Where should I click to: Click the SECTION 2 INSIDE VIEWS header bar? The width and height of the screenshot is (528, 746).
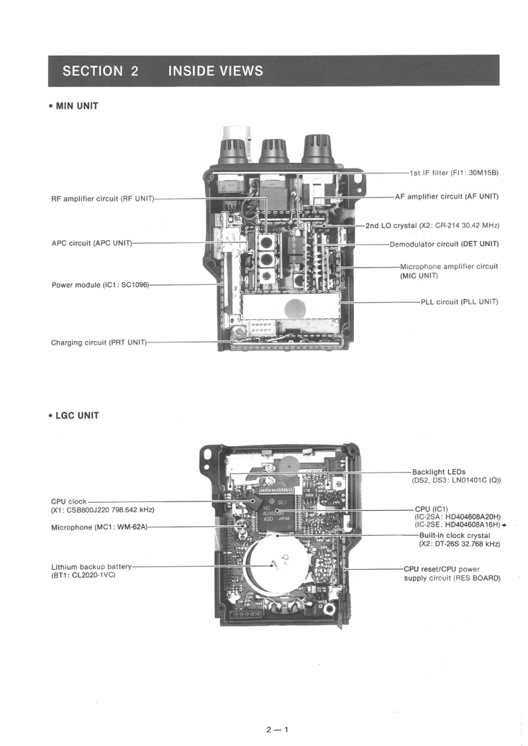point(273,70)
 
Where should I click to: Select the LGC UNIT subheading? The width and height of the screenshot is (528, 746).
point(76,416)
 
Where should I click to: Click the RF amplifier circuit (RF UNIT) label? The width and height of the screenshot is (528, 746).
point(102,198)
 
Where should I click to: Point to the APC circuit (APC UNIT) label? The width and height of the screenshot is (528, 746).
point(92,243)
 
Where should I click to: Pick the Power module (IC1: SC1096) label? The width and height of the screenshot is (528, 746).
point(100,285)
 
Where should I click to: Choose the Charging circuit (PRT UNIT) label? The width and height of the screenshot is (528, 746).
point(98,342)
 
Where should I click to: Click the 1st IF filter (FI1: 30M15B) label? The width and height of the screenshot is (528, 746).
point(454,173)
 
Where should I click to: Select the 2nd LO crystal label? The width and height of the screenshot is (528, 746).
point(432,226)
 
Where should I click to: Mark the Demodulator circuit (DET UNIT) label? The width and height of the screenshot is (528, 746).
point(444,244)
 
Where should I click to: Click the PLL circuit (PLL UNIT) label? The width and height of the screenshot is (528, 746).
point(459,302)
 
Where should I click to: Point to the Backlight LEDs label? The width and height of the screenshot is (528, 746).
point(439,472)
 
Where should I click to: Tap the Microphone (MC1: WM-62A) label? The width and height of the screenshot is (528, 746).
point(99,527)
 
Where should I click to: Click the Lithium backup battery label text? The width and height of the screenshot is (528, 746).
point(91,566)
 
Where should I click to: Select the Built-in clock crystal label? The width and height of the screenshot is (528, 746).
point(454,535)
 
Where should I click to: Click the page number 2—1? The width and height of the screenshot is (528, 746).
point(277,729)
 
